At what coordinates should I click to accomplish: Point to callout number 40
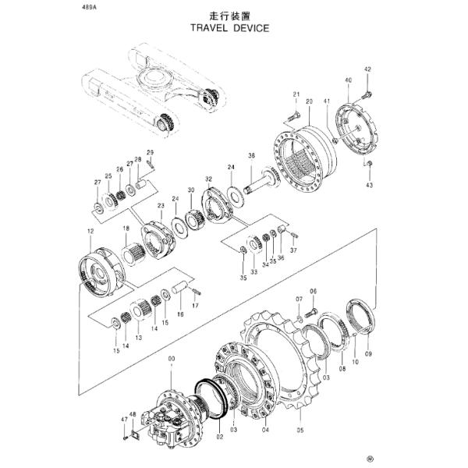pyautogui.click(x=347, y=80)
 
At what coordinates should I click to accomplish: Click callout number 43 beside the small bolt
pyautogui.click(x=370, y=184)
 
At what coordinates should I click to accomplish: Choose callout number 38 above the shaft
pyautogui.click(x=251, y=156)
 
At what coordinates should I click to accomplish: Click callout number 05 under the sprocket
pyautogui.click(x=298, y=428)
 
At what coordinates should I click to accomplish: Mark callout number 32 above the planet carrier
pyautogui.click(x=208, y=179)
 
